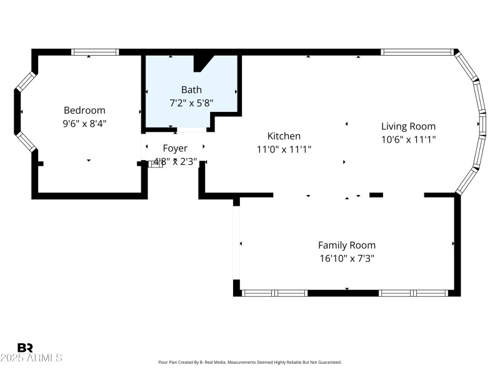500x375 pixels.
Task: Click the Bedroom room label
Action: (84, 111)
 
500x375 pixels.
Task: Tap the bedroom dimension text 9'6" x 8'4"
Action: (84, 124)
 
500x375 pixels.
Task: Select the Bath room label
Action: (191, 90)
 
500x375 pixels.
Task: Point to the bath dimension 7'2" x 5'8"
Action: (191, 103)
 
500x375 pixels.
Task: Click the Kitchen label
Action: (284, 136)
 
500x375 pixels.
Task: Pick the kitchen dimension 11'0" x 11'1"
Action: (284, 149)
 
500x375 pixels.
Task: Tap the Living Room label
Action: (408, 126)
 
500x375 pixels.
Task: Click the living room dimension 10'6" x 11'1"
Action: (408, 139)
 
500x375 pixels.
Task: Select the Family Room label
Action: (347, 245)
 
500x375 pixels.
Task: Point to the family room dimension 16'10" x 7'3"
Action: (347, 258)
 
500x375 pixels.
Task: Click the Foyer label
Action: (175, 148)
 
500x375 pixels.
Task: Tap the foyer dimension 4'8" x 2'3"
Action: (175, 161)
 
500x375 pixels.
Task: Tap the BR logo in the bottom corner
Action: (26, 347)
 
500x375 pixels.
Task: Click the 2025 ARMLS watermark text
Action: (31, 358)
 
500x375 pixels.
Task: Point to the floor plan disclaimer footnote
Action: (250, 362)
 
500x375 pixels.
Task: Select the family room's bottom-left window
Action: (274, 292)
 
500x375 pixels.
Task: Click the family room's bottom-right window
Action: (414, 292)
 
